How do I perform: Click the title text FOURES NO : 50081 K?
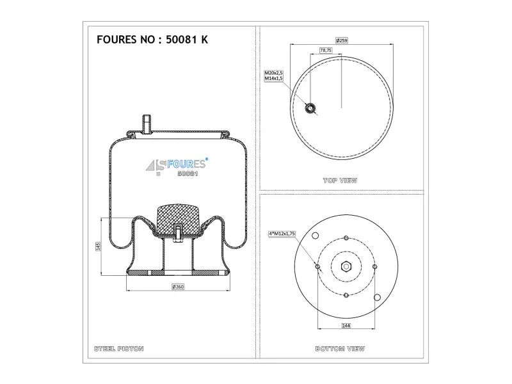[152, 40]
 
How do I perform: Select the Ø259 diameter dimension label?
[342, 40]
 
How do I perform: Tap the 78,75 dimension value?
[326, 51]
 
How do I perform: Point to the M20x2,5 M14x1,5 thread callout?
[273, 76]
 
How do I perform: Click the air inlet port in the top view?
[310, 108]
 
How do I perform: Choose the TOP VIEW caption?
[340, 180]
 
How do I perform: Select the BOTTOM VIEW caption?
[340, 349]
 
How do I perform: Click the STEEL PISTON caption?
[119, 349]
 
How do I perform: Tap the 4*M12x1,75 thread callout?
[282, 234]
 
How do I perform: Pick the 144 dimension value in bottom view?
[346, 326]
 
